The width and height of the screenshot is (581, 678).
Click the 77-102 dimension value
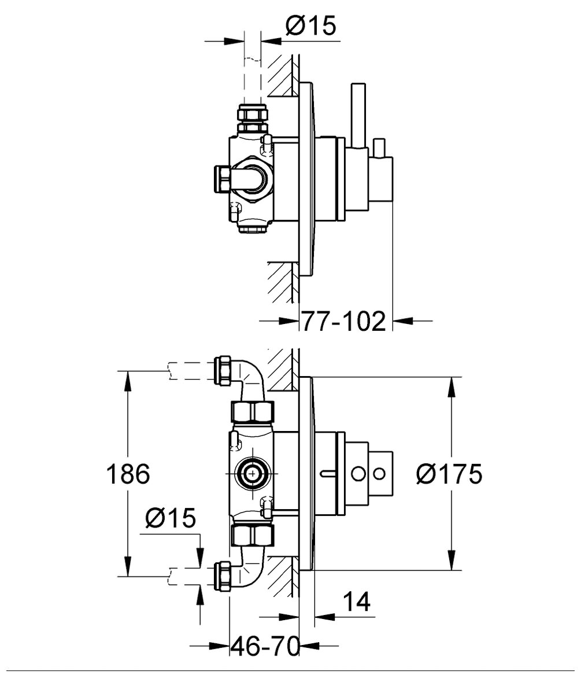[x=343, y=321]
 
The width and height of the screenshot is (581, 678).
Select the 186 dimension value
[x=128, y=474]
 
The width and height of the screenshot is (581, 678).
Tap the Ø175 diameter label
[x=449, y=474]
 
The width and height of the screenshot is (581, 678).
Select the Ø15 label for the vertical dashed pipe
[x=311, y=25]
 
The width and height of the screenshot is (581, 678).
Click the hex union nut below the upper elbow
[x=252, y=412]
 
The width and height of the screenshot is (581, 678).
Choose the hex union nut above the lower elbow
[x=252, y=535]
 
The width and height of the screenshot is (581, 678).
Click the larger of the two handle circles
[x=360, y=474]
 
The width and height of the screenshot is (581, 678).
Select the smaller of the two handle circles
[x=379, y=474]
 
